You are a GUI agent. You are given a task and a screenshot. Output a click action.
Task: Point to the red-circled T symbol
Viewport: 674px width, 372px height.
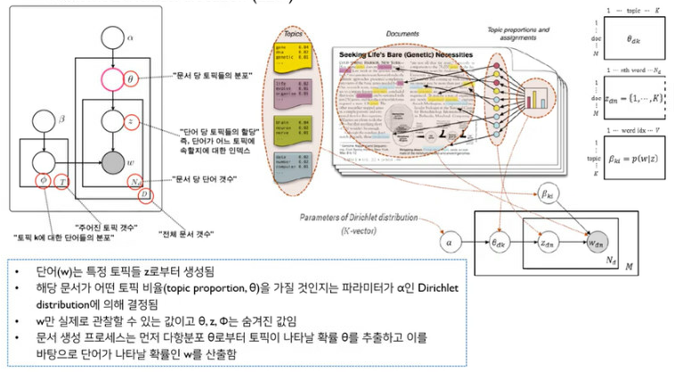(61, 182)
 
